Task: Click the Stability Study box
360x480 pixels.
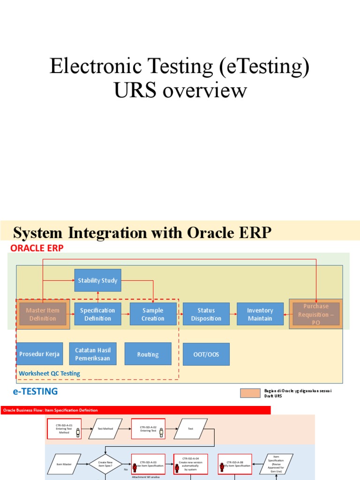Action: pos(97,280)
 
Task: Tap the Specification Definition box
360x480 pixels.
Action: pos(97,314)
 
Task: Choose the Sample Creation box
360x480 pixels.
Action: pos(153,314)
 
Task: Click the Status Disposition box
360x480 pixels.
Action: pos(206,314)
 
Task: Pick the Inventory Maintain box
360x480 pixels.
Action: pos(260,314)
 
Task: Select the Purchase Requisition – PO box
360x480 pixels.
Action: pos(316,314)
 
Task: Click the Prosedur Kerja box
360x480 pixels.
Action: pos(39,354)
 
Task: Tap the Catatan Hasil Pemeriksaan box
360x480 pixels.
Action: pos(92,354)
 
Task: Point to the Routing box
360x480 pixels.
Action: pos(148,354)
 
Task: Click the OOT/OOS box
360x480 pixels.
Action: pos(206,354)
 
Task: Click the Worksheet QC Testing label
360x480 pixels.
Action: pos(49,374)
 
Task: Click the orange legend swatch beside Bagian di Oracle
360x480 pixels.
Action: pos(250,393)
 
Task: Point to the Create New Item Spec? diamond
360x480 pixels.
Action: pos(105,464)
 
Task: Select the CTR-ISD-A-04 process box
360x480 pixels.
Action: pos(190,464)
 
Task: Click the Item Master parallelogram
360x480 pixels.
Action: pos(64,464)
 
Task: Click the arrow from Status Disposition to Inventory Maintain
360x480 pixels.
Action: pos(233,314)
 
